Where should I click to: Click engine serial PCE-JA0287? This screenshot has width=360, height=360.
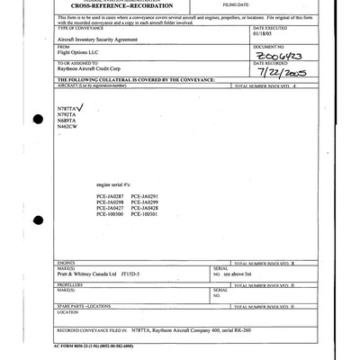point(110,196)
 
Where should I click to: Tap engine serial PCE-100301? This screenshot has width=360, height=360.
point(144,215)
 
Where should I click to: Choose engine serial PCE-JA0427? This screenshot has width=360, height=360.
point(110,209)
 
